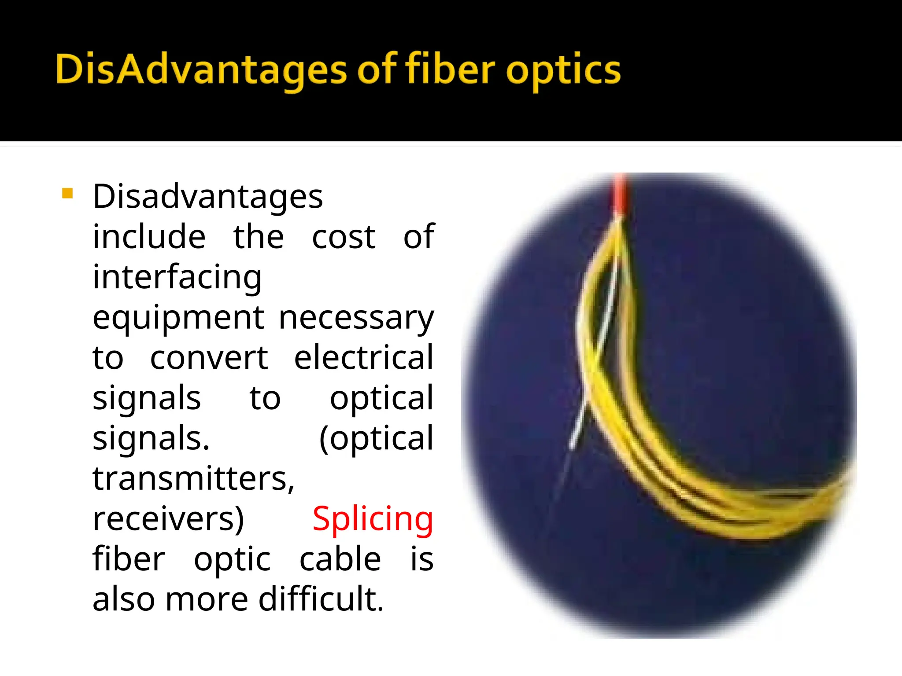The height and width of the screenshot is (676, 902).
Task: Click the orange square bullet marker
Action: click(x=67, y=194)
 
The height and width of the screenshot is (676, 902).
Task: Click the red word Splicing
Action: click(x=373, y=519)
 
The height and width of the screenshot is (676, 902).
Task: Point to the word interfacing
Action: click(x=177, y=278)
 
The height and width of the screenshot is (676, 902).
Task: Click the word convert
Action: click(x=209, y=357)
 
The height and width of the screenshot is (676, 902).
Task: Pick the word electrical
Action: click(x=364, y=357)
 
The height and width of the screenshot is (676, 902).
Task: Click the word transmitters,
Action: click(x=193, y=479)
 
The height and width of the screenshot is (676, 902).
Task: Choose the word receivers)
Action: click(x=168, y=519)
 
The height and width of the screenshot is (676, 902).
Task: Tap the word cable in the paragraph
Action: click(x=340, y=559)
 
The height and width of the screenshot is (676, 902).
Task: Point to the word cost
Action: click(x=344, y=238)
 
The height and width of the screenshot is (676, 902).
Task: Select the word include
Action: click(x=149, y=238)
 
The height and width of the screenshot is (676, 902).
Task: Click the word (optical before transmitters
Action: click(x=376, y=439)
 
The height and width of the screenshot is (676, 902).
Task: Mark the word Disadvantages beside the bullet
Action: click(x=208, y=197)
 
